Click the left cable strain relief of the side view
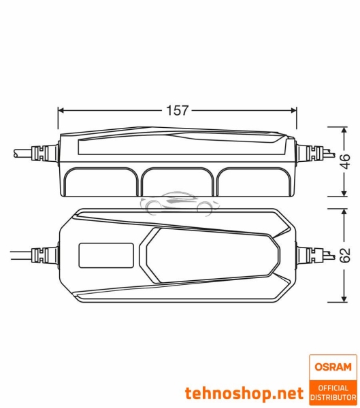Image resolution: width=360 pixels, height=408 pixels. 42,154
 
